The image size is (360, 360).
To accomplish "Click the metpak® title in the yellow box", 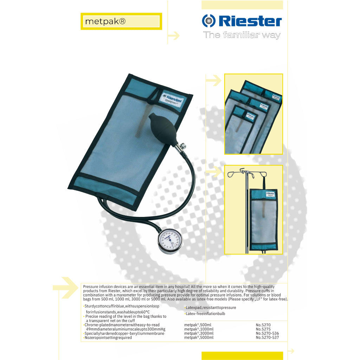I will (x=105, y=21).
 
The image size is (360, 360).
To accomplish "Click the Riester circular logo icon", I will (x=208, y=21).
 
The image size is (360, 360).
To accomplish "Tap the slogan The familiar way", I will (x=242, y=35).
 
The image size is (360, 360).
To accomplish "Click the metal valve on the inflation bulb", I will (x=182, y=146).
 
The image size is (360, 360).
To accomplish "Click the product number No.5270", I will (x=263, y=325).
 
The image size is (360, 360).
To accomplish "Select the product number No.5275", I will (x=263, y=329).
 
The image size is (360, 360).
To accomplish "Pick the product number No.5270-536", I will (x=267, y=333).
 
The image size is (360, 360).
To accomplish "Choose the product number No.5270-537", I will (x=267, y=337).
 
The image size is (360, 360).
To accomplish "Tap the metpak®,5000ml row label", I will (x=199, y=337).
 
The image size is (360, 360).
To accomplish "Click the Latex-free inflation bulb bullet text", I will (x=205, y=314).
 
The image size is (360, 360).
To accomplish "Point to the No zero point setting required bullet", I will (x=108, y=337).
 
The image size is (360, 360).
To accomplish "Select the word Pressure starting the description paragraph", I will (x=91, y=287).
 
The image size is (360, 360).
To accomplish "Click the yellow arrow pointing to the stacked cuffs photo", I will (x=213, y=81).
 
